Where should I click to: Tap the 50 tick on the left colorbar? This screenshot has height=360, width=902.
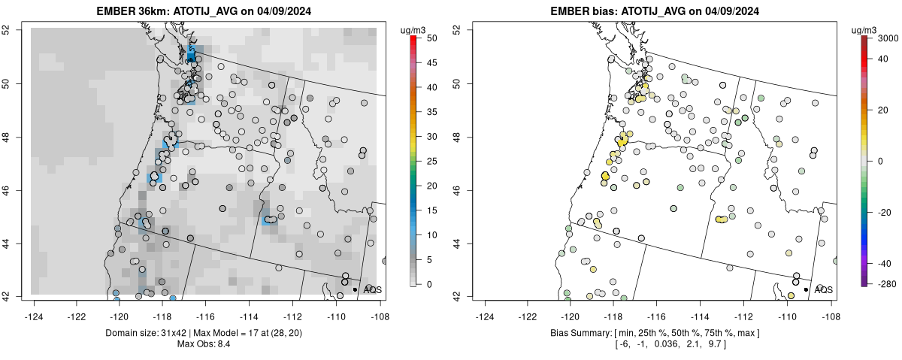coord(426,38)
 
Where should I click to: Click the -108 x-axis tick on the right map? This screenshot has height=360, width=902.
coord(830,307)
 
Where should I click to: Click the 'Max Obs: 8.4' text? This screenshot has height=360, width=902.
coord(204,344)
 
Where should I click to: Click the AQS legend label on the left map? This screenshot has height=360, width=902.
coord(372,289)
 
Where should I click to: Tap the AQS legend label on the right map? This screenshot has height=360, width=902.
coord(823,289)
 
